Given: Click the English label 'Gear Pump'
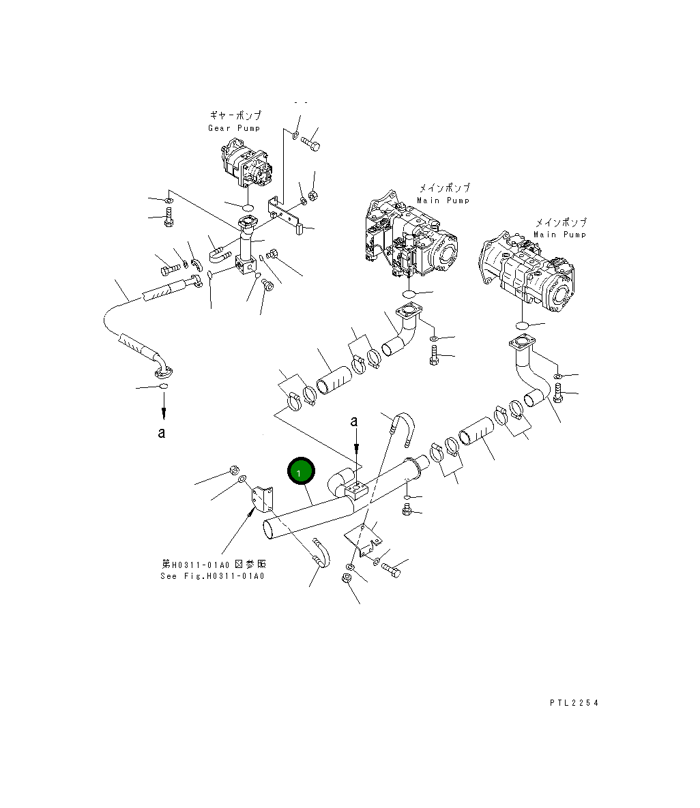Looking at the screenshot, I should point(234,128).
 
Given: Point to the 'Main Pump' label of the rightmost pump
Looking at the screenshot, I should point(559,235).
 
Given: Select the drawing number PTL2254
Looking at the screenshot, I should point(573,703).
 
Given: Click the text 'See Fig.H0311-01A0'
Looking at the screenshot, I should point(212,576).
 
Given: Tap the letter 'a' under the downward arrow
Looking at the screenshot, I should point(162,432).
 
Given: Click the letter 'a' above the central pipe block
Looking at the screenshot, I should point(354,421).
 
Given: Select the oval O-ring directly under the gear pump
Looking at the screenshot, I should point(248,206).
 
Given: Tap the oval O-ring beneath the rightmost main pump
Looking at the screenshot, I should point(521,325).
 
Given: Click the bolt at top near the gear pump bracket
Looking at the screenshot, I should point(311,145).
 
